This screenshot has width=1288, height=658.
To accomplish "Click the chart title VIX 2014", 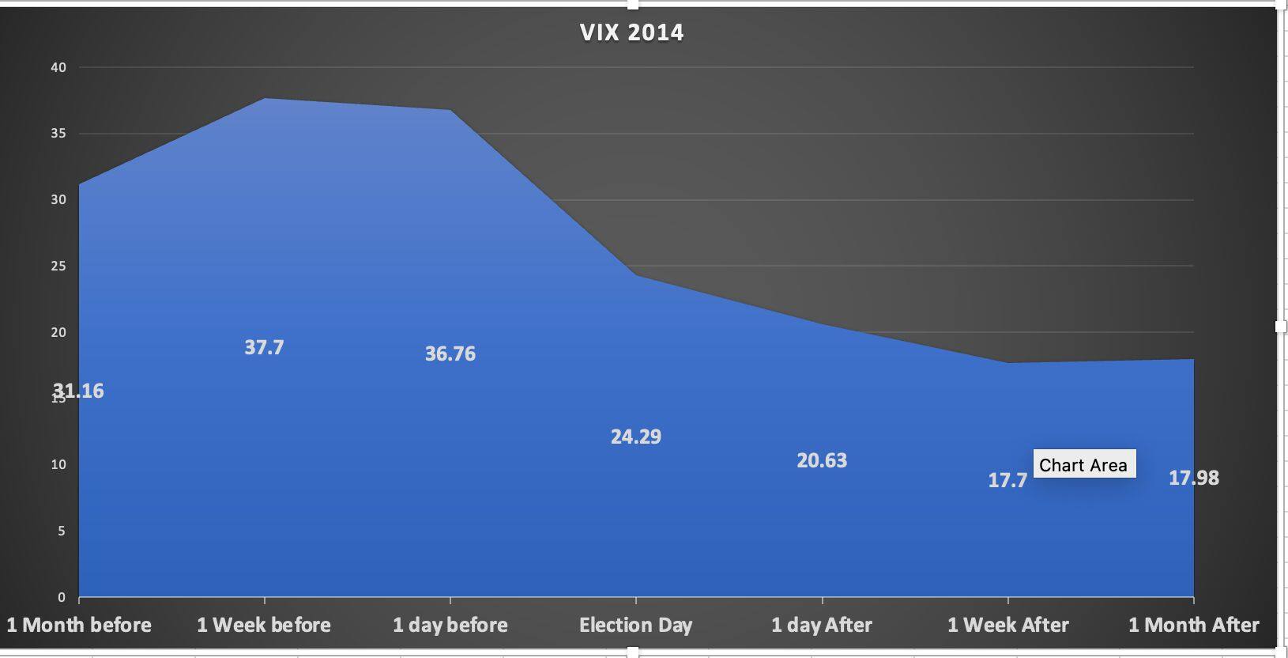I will coord(631,32).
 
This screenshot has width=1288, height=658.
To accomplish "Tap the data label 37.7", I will coord(264,347).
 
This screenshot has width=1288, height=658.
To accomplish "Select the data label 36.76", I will coord(450,354).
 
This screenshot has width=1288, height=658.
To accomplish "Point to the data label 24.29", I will coord(636,437).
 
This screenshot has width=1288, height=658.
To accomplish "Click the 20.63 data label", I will coord(822,460).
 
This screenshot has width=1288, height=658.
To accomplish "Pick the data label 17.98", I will coord(1193,478).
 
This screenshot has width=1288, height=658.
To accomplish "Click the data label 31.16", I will coord(79,391).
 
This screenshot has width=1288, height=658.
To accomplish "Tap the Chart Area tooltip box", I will coord(1083,464).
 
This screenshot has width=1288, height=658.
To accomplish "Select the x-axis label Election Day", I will coord(635,625).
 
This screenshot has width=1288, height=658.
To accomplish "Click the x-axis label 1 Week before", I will coord(264,625).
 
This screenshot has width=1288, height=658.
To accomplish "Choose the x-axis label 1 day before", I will coord(450,625).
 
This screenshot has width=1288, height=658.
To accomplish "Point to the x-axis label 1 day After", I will coord(822,625).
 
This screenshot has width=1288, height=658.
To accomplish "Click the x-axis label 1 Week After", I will coord(1007,625).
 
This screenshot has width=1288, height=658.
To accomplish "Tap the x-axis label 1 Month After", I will coord(1193,625).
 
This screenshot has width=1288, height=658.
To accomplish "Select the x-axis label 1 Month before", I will coord(79,625).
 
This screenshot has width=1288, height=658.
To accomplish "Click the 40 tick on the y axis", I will coord(58,67).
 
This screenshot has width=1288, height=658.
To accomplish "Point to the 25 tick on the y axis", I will coord(58,266).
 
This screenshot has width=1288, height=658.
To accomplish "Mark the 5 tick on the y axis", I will coord(61,531).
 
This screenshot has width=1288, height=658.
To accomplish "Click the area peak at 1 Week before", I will coord(264,99).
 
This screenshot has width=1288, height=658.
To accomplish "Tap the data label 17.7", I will coord(1007,480).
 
